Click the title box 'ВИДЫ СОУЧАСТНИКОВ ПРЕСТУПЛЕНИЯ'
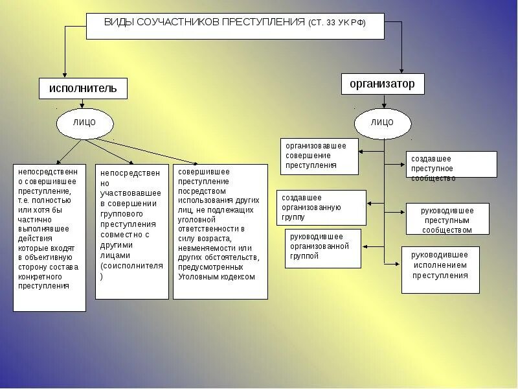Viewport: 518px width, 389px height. [234, 26]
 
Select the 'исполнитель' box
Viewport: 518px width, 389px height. [83, 89]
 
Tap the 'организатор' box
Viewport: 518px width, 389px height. [383, 84]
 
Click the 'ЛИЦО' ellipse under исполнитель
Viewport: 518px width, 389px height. [85, 123]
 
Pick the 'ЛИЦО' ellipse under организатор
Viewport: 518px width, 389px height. [383, 123]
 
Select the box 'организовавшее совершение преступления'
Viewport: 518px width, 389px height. [319, 156]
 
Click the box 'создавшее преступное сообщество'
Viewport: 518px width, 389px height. [451, 165]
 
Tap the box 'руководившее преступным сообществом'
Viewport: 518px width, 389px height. [447, 219]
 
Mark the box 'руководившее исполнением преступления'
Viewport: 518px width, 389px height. [440, 270]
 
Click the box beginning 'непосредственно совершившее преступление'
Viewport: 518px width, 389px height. [49, 237]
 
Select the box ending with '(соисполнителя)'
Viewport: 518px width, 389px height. [131, 231]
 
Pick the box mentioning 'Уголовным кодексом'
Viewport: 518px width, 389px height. [220, 231]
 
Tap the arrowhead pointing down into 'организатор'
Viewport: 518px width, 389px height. [402, 69]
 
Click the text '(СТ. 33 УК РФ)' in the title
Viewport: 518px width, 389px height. [337, 23]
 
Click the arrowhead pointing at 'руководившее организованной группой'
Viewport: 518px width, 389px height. [365, 247]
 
